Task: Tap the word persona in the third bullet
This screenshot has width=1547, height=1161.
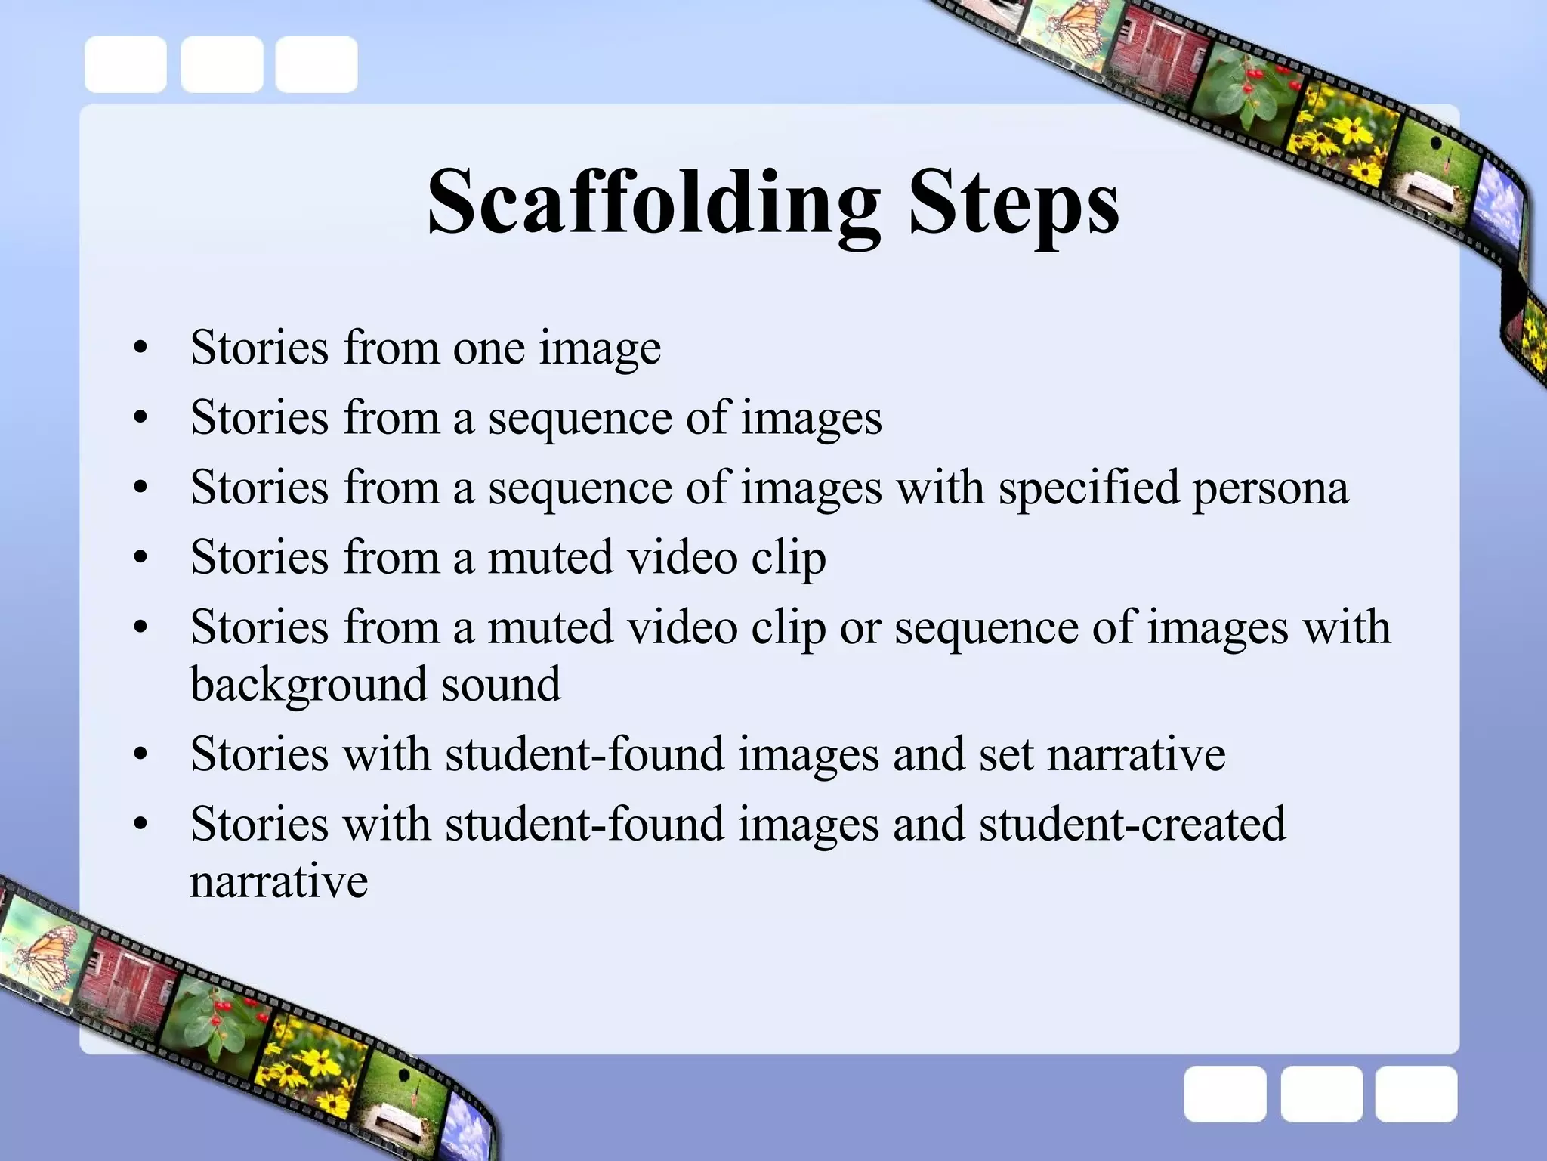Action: tap(1271, 488)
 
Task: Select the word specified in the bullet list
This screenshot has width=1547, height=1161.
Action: tap(1088, 488)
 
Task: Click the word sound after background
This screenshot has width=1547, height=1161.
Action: tap(501, 685)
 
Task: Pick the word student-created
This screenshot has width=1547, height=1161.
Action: tap(1132, 823)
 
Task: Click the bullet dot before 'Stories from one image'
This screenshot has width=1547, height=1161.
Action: tap(140, 349)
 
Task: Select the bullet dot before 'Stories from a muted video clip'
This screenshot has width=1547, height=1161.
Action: tap(140, 559)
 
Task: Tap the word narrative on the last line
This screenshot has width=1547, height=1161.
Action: tap(279, 881)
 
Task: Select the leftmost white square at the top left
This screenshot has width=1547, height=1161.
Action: tap(125, 65)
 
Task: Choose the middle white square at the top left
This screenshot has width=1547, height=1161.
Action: tap(222, 65)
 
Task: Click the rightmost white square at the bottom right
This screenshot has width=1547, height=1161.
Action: tap(1416, 1094)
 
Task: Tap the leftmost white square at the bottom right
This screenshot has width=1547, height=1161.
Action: tap(1225, 1094)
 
